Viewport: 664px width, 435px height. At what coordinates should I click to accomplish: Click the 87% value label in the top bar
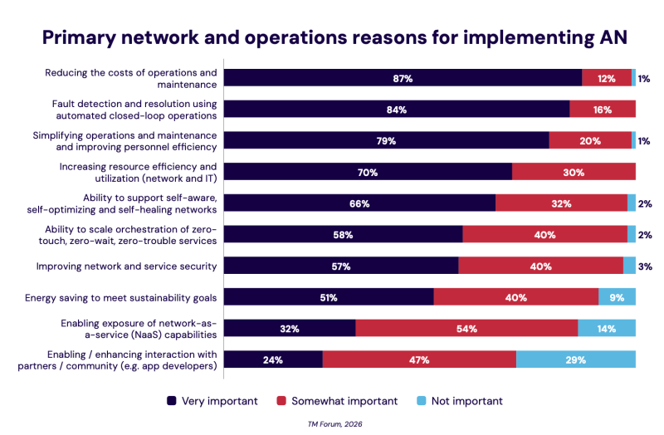pos(403,78)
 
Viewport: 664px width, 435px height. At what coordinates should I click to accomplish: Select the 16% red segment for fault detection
pos(603,110)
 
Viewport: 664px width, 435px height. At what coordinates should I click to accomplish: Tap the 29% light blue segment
pos(576,360)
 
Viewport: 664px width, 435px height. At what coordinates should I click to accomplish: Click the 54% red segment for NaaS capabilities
pos(466,329)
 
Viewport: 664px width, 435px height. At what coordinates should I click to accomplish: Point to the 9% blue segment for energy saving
pos(617,297)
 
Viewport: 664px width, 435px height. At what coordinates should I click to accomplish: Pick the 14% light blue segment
pos(607,329)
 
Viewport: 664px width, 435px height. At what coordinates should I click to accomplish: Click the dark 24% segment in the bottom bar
pos(273,360)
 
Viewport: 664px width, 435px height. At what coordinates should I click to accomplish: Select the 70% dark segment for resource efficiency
pos(368,173)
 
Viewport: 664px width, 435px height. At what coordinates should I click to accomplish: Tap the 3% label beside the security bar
pos(645,266)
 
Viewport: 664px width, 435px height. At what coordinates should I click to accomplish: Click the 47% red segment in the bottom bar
pos(419,360)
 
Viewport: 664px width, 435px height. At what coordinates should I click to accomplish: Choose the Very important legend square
pos(172,401)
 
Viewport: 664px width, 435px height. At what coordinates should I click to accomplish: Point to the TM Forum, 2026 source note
pos(334,423)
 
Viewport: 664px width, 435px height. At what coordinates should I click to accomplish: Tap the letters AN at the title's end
pos(609,38)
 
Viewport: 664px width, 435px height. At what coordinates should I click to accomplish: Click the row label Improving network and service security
pos(127,266)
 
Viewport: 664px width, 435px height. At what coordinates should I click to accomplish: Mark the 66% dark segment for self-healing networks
pos(359,203)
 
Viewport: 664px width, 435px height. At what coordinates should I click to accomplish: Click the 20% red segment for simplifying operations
pos(590,141)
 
